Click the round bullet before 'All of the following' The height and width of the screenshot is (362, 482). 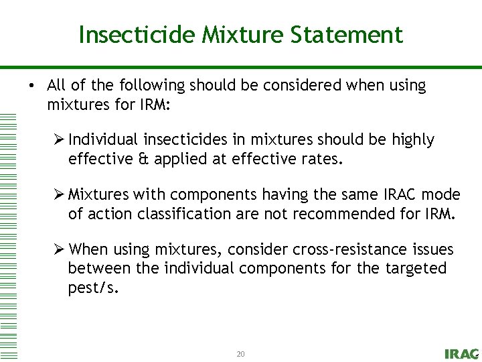[x=31, y=86]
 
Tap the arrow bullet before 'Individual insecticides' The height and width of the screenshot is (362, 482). [x=59, y=139]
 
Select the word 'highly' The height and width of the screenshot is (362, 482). [x=412, y=139]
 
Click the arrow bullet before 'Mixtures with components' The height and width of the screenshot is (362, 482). [x=59, y=194]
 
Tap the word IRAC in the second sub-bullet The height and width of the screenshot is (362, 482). [x=401, y=194]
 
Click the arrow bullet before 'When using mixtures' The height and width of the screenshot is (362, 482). [x=59, y=249]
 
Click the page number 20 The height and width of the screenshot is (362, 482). [x=240, y=353]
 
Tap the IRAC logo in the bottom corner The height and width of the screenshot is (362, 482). [x=461, y=353]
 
